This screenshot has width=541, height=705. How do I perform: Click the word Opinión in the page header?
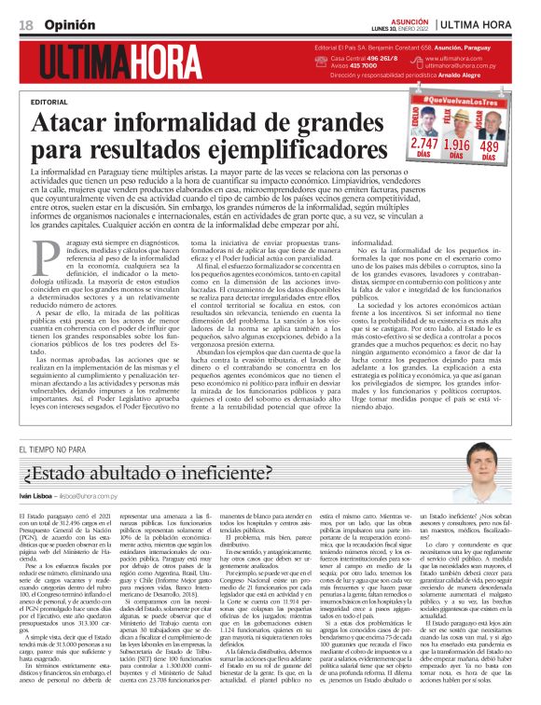[63, 22]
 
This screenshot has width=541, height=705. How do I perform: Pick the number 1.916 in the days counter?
[457, 145]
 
